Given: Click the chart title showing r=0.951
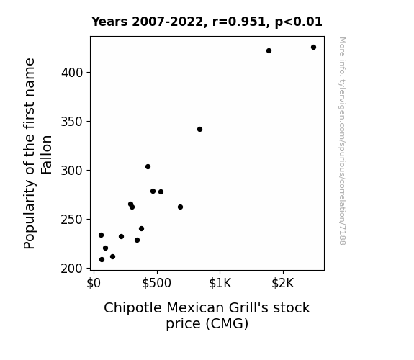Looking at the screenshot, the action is click(x=207, y=22).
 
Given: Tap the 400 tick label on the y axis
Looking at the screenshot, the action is click(x=72, y=73).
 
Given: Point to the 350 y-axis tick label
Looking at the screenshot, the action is click(x=72, y=122).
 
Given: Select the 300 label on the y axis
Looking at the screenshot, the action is click(x=72, y=171).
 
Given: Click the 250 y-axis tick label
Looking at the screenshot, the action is click(x=72, y=220).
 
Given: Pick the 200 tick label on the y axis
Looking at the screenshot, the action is click(x=72, y=269).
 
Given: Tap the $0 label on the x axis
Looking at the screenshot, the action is click(x=94, y=283).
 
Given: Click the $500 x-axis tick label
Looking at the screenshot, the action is click(x=156, y=283).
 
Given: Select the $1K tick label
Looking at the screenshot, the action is click(x=220, y=283).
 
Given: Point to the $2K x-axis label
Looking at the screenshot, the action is click(x=283, y=283).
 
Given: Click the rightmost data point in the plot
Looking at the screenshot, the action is click(x=313, y=48).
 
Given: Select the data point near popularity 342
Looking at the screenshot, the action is click(x=199, y=129).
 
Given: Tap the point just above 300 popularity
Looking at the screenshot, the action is click(x=148, y=166).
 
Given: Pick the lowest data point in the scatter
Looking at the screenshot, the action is click(x=102, y=260).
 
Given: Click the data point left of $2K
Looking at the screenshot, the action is click(x=269, y=50).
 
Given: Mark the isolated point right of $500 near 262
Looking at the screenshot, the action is click(x=180, y=207).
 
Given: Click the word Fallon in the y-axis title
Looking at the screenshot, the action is click(x=47, y=155).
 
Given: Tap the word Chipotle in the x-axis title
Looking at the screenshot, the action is click(x=132, y=308).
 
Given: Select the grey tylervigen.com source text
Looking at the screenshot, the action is click(x=342, y=141).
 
